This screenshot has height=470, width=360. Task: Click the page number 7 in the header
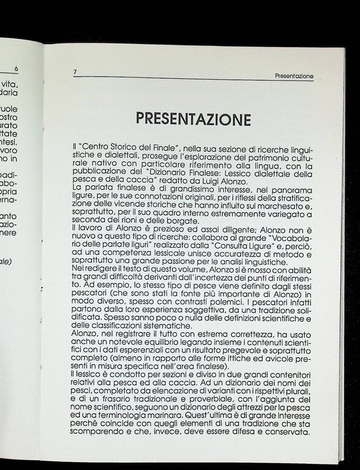(x=75, y=72)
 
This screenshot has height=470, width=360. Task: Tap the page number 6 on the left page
(x=16, y=69)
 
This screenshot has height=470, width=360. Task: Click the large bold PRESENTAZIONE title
(x=193, y=118)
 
